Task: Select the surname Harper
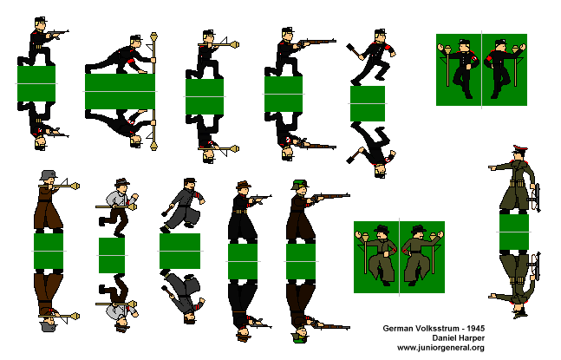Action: tap(472, 338)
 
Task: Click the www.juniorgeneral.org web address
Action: tap(440, 348)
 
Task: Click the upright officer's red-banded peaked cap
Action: tap(520, 149)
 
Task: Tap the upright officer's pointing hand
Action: tap(493, 167)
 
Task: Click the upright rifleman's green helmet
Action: tap(300, 185)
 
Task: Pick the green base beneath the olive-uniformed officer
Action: tap(514, 232)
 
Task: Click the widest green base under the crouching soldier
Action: tap(121, 91)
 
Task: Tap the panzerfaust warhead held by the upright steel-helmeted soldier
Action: tap(75, 186)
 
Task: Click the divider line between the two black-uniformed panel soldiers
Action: tap(481, 69)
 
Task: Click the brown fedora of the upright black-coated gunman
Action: tap(244, 185)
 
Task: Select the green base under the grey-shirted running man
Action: tap(112, 255)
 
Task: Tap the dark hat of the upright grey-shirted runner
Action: tap(122, 182)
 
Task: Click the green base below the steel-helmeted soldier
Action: tap(49, 251)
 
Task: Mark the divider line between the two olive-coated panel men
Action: tap(399, 257)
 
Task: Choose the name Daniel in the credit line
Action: tap(444, 338)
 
